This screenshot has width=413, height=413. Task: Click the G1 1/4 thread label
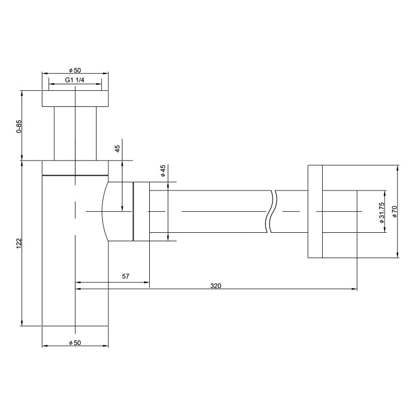74,80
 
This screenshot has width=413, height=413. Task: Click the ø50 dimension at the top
75,70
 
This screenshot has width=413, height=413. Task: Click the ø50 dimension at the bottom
75,342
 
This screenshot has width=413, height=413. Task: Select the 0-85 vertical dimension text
19,126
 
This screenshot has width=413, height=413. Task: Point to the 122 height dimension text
19,243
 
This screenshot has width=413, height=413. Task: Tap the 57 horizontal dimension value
125,277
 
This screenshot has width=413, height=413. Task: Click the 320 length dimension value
216,285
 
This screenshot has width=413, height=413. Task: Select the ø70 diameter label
394,211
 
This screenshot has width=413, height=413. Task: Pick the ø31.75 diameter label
382,212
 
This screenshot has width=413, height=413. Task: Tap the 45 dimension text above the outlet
118,148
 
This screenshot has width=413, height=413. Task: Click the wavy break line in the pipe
272,211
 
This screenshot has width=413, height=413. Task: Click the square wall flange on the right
315,211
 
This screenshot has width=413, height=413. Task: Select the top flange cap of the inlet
75,99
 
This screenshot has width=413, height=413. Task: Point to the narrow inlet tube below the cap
75,133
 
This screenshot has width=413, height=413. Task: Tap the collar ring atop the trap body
75,168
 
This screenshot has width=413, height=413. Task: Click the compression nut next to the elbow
141,211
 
